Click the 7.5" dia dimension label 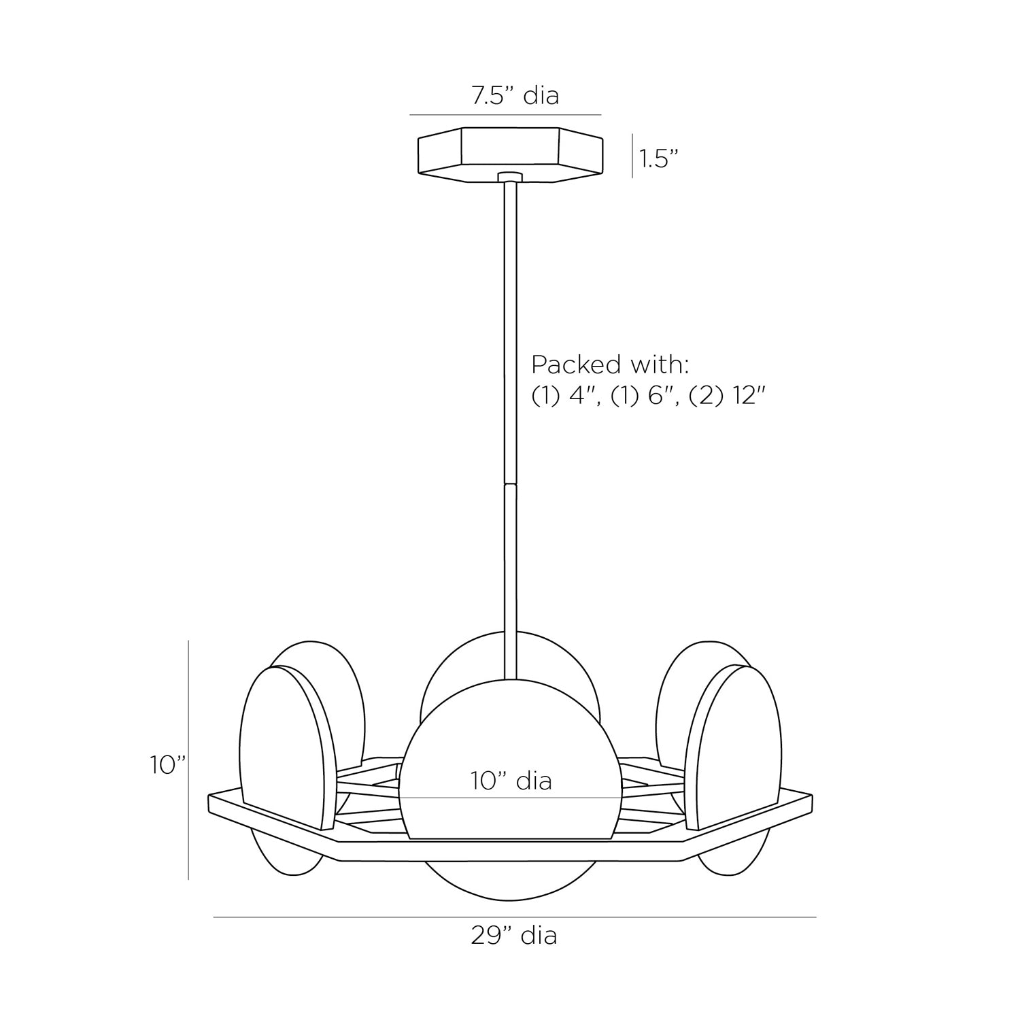(x=515, y=96)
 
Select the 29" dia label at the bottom (x=514, y=936)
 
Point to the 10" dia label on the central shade (x=511, y=781)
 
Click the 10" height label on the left (x=168, y=765)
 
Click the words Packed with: (x=610, y=365)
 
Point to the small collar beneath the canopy (x=510, y=177)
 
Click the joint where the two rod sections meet (x=510, y=484)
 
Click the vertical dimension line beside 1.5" (x=632, y=156)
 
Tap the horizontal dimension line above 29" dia (x=514, y=917)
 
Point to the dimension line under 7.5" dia (x=505, y=114)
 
